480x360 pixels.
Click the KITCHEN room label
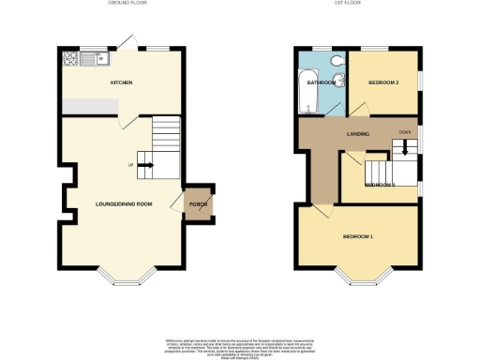pyautogui.click(x=121, y=82)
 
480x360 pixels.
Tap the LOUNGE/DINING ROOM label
pyautogui.click(x=124, y=203)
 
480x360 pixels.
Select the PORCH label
pyautogui.click(x=198, y=204)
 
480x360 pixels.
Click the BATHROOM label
pyautogui.click(x=322, y=82)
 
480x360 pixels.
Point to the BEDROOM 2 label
pyautogui.click(x=383, y=82)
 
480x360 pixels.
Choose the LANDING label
pyautogui.click(x=356, y=134)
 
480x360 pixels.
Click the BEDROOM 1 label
pyautogui.click(x=358, y=235)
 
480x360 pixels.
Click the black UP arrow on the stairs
pyautogui.click(x=147, y=166)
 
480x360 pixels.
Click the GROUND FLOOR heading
pyautogui.click(x=124, y=4)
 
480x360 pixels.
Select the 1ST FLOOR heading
pyautogui.click(x=356, y=4)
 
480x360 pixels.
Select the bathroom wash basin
pyautogui.click(x=340, y=82)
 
